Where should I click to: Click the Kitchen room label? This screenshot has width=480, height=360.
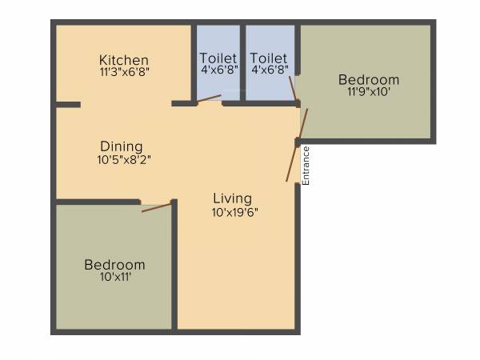124,60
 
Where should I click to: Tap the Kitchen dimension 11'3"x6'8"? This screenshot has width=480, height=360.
124,71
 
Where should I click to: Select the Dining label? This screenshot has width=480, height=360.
122,146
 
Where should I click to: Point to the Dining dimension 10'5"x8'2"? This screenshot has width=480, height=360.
122,158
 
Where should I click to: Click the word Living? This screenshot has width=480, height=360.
232,198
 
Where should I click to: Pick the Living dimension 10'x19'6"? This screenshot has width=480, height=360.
234,212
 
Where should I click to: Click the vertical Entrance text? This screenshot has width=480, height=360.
306,166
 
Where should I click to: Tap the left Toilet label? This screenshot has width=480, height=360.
218,58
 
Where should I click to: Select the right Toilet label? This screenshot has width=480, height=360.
269,58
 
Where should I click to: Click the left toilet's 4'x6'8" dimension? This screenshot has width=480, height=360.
218,70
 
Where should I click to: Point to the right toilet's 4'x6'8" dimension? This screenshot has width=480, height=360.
269,70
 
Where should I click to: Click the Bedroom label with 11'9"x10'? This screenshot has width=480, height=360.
368,80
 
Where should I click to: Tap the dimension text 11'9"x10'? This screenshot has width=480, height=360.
368,92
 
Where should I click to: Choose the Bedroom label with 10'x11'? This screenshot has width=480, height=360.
115,265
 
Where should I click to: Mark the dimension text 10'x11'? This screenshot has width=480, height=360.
115,277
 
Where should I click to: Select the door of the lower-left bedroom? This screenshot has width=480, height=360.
157,207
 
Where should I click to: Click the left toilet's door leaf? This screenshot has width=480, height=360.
210,98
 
